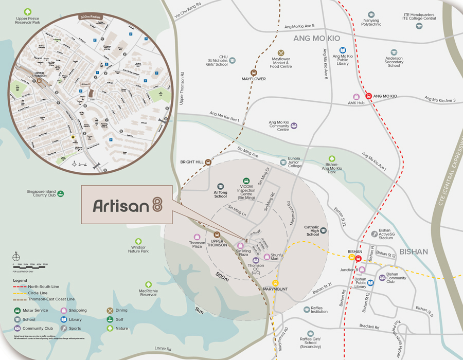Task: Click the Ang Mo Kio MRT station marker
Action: pyautogui.click(x=368, y=96)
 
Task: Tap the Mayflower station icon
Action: pyautogui.click(x=253, y=73)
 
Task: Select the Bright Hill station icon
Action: pyautogui.click(x=208, y=162)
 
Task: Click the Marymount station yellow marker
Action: pyautogui.click(x=275, y=282)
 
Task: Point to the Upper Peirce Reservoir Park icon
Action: pyautogui.click(x=28, y=11)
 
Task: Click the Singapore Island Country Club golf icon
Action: pyautogui.click(x=61, y=193)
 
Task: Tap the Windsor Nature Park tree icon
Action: pyautogui.click(x=138, y=241)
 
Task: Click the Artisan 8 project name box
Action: pyautogui.click(x=127, y=205)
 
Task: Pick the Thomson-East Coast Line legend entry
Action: pyautogui.click(x=44, y=299)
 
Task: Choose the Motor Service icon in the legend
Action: pyautogui.click(x=17, y=311)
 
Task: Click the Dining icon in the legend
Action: pyautogui.click(x=110, y=311)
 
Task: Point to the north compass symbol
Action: pyautogui.click(x=16, y=256)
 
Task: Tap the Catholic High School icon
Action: pyautogui.click(x=324, y=231)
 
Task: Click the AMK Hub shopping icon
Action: pyautogui.click(x=356, y=97)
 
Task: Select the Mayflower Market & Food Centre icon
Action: pyautogui.click(x=281, y=52)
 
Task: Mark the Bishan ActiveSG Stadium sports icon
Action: pyautogui.click(x=374, y=233)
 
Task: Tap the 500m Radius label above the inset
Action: pyautogui.click(x=91, y=17)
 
